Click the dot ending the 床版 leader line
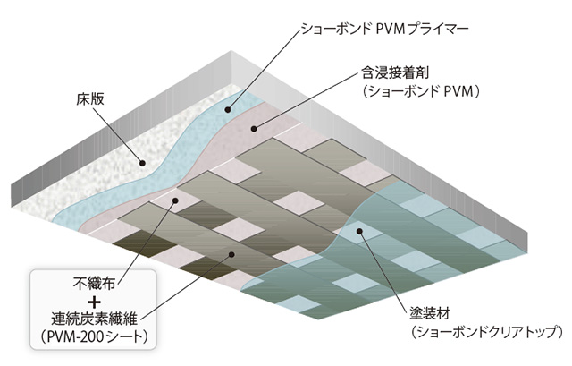click(141, 162)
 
